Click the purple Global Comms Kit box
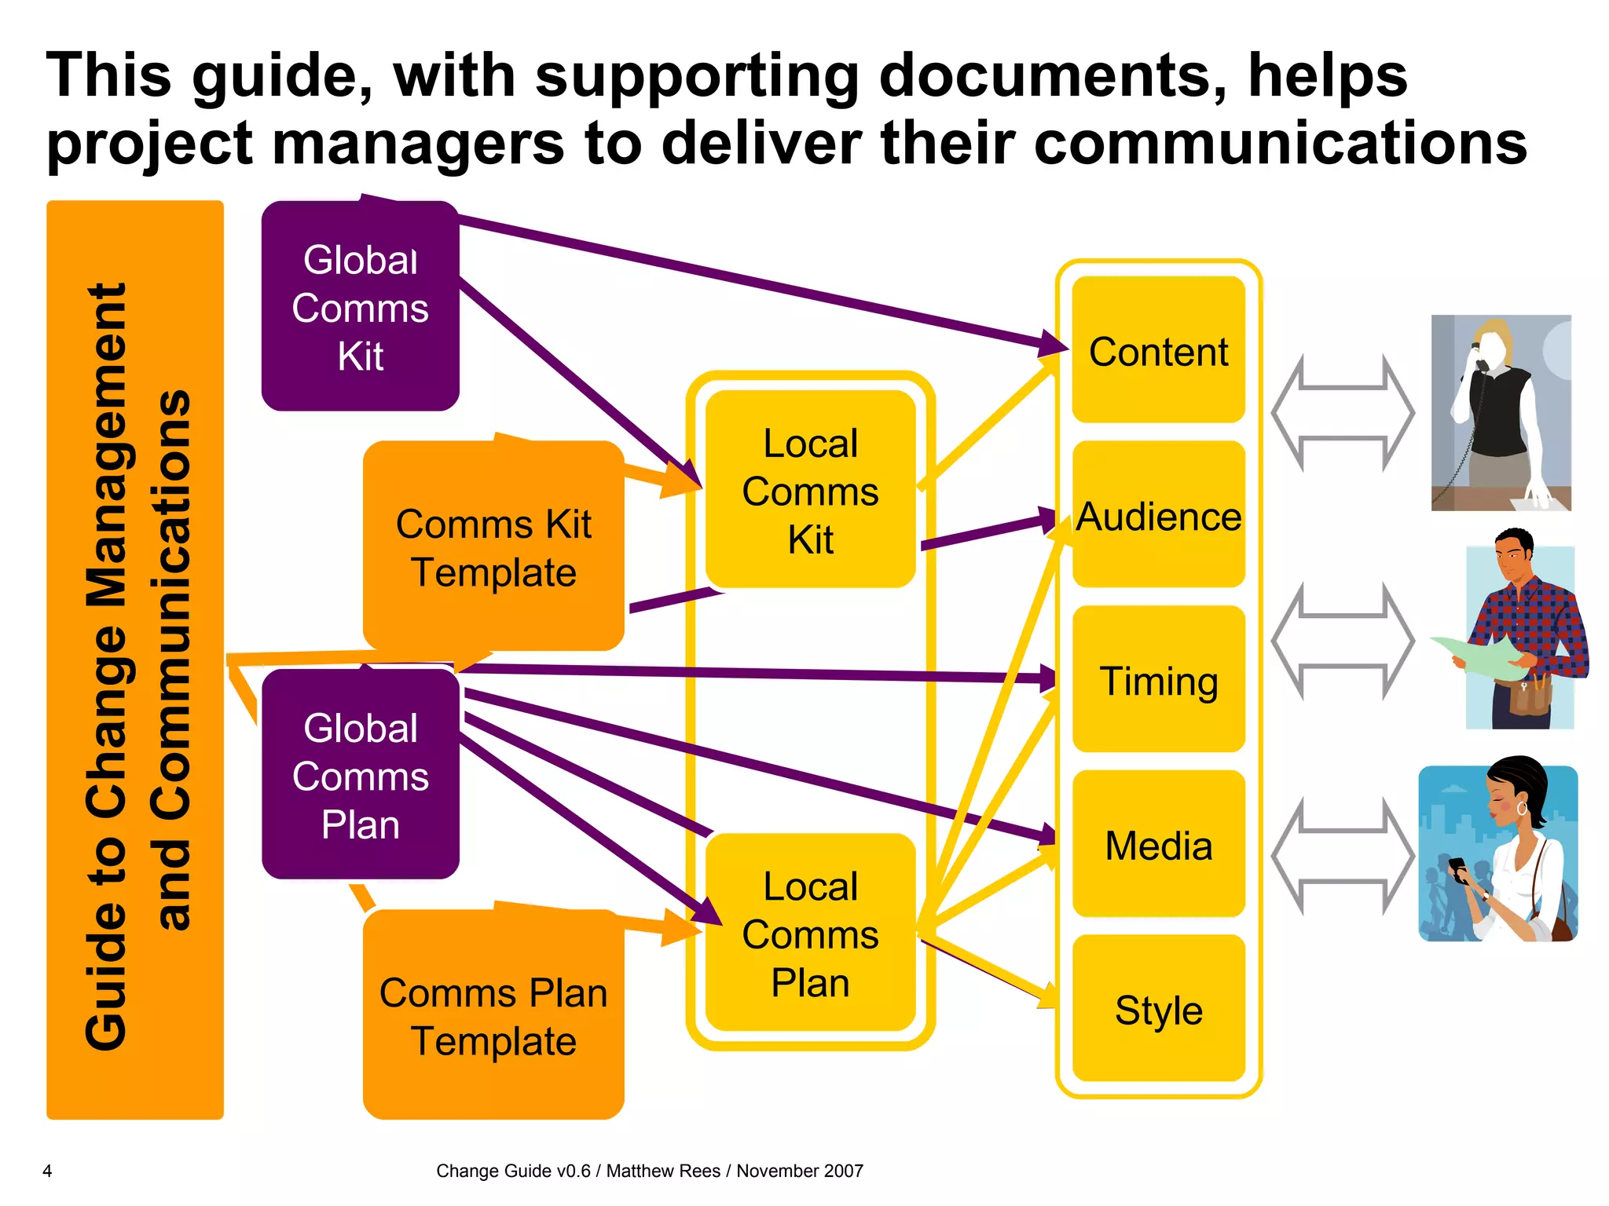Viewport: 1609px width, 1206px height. pyautogui.click(x=360, y=307)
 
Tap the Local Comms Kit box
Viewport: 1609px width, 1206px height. pyautogui.click(x=810, y=490)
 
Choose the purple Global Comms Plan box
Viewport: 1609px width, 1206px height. pyautogui.click(x=360, y=775)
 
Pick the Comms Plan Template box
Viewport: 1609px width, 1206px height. pyautogui.click(x=493, y=1016)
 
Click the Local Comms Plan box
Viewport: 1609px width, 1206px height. pyautogui.click(x=810, y=934)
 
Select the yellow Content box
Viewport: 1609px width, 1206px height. pyautogui.click(x=1158, y=351)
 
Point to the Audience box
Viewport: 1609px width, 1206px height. pyautogui.click(x=1158, y=516)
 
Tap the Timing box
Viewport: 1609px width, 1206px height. pyautogui.click(x=1158, y=680)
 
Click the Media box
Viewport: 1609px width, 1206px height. pyautogui.click(x=1158, y=845)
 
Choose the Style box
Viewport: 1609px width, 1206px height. pyautogui.click(x=1158, y=1010)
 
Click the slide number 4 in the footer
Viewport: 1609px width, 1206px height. pyautogui.click(x=47, y=1171)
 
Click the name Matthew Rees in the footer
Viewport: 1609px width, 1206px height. pyautogui.click(x=662, y=1171)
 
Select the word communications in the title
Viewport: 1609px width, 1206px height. pyautogui.click(x=1281, y=143)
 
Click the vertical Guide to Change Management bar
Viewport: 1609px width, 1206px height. pyautogui.click(x=135, y=660)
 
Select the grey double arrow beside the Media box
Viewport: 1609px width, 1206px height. pyautogui.click(x=1343, y=856)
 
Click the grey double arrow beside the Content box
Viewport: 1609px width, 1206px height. pyautogui.click(x=1343, y=412)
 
